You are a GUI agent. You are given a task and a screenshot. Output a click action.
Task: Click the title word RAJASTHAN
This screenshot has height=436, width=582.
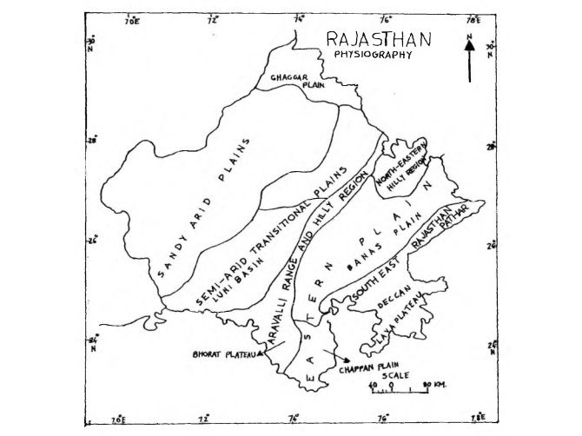click(x=378, y=40)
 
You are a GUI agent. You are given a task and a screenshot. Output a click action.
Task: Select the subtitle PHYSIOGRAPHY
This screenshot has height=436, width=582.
click(x=373, y=55)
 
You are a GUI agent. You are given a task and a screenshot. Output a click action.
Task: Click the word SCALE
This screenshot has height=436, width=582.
click(x=394, y=375)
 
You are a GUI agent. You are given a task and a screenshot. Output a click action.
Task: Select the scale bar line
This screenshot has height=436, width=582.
click(x=400, y=392)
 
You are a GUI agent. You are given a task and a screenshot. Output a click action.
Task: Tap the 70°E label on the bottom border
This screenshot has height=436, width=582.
click(x=119, y=420)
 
